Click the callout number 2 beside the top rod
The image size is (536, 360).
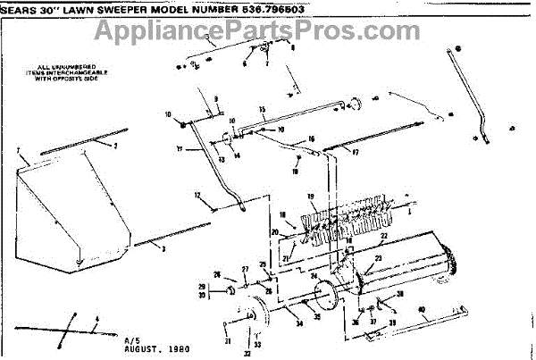point(114,145)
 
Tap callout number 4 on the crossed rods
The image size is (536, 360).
point(96,319)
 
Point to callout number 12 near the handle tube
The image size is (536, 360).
point(197,195)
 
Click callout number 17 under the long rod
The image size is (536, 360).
point(355,152)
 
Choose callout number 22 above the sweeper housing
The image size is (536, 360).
point(383,237)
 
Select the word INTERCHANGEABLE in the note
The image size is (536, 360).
point(62,72)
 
